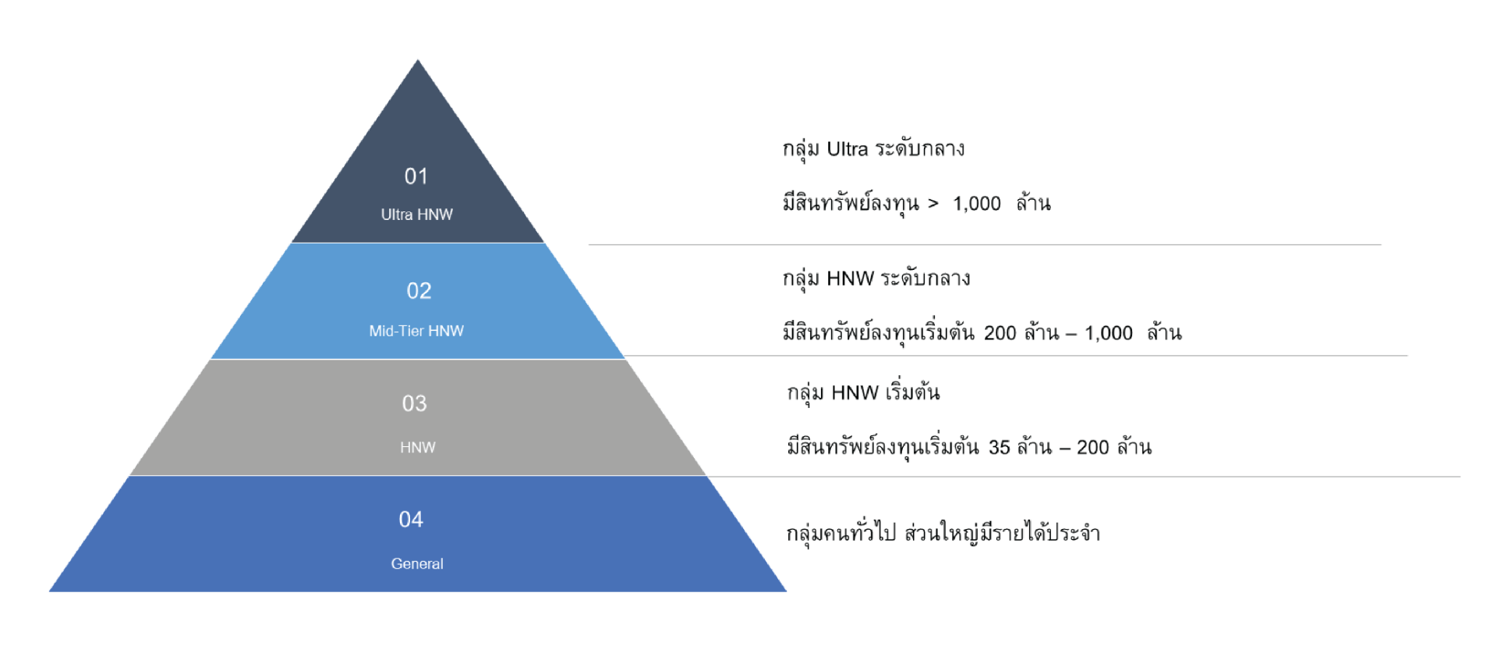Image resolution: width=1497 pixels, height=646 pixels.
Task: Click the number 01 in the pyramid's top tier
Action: [x=416, y=176]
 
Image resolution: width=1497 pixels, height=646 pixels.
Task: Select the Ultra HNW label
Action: [x=416, y=215]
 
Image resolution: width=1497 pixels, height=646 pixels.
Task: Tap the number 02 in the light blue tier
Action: [x=419, y=291]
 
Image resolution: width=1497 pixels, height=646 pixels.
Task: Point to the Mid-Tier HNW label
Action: [x=416, y=331]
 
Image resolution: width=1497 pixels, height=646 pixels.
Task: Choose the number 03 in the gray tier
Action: [x=414, y=403]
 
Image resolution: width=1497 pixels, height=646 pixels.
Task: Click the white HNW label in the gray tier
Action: [x=417, y=447]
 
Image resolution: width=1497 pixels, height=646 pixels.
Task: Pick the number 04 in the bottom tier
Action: [x=411, y=520]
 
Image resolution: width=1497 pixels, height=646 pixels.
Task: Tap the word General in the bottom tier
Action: [x=417, y=563]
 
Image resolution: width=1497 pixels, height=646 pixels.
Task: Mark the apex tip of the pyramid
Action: [x=418, y=59]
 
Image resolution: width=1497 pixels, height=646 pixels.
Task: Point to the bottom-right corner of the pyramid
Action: [x=786, y=591]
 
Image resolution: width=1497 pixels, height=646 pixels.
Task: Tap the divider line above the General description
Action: [x=1084, y=476]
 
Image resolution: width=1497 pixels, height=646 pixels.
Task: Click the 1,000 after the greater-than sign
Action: [x=978, y=204]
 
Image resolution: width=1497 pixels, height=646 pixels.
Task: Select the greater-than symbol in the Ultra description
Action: [x=933, y=204]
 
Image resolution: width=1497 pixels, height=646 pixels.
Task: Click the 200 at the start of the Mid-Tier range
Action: [x=1000, y=333]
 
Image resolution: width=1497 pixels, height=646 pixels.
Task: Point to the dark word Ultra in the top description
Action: [x=848, y=149]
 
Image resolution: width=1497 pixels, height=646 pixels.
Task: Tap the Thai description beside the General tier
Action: [x=943, y=534]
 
